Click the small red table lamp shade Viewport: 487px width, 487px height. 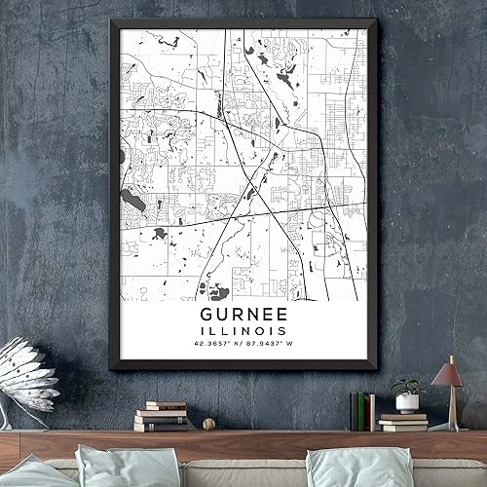pos(446,374)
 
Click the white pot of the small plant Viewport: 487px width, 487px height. pos(407,402)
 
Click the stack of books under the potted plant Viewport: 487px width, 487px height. pos(403,421)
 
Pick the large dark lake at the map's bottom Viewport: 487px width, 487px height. pos(211,289)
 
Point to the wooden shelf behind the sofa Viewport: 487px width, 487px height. pos(243,444)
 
